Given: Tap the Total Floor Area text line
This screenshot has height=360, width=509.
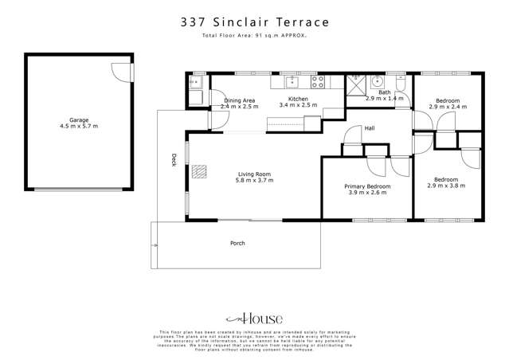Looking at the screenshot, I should click(254, 37).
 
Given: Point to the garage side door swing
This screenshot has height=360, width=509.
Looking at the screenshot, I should click(119, 70).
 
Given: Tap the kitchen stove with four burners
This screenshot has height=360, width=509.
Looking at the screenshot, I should click(318, 80).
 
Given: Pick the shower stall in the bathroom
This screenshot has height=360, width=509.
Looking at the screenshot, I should click(355, 83).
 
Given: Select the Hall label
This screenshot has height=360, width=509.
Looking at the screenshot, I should click(370, 128).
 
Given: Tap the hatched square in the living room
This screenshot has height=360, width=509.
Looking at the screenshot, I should click(199, 172).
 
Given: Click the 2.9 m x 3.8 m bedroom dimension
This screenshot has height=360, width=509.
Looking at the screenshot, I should click(449, 186).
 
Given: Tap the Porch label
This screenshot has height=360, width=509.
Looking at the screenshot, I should click(237, 243).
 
